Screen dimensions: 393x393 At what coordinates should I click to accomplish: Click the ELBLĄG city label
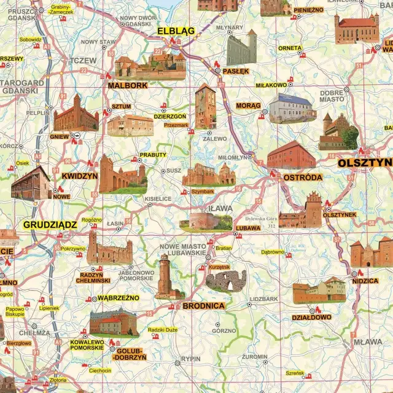(x=176, y=30)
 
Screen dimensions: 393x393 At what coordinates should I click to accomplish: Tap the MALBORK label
(x=128, y=85)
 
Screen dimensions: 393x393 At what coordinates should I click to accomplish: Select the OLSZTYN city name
(x=364, y=163)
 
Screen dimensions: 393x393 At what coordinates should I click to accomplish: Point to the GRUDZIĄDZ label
(x=50, y=225)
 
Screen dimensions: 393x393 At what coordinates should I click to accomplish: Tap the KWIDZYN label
(x=80, y=176)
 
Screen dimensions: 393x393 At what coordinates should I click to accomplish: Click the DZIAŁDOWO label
(x=311, y=317)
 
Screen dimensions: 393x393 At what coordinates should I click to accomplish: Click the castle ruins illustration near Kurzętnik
(x=225, y=280)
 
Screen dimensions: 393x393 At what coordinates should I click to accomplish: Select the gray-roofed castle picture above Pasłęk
(x=241, y=48)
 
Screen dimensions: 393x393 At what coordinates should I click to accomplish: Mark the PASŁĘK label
(x=236, y=71)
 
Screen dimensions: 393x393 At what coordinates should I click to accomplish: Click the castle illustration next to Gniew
(x=76, y=114)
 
